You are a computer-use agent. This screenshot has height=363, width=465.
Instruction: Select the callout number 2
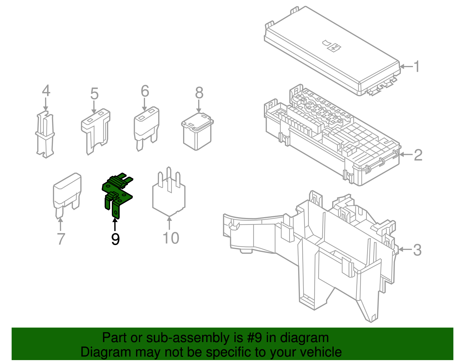pos(418,155)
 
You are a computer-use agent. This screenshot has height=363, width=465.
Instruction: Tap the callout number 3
pos(417,250)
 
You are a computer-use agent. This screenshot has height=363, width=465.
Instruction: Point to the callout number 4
pos(46,90)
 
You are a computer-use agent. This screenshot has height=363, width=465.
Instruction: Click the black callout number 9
pos(115,239)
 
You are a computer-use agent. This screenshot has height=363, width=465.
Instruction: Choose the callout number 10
pos(171,238)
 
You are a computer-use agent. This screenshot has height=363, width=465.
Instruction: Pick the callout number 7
pos(61,239)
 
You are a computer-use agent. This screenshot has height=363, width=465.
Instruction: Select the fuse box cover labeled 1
pos(332,51)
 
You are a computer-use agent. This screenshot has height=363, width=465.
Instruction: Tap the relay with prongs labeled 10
pos(169,192)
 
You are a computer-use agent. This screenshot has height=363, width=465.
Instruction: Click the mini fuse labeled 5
pos(96,131)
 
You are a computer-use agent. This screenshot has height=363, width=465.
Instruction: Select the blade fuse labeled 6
pos(146,129)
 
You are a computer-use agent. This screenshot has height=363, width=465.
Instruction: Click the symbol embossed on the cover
pos(332,46)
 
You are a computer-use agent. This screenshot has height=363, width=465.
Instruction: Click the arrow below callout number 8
pos(199,106)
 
